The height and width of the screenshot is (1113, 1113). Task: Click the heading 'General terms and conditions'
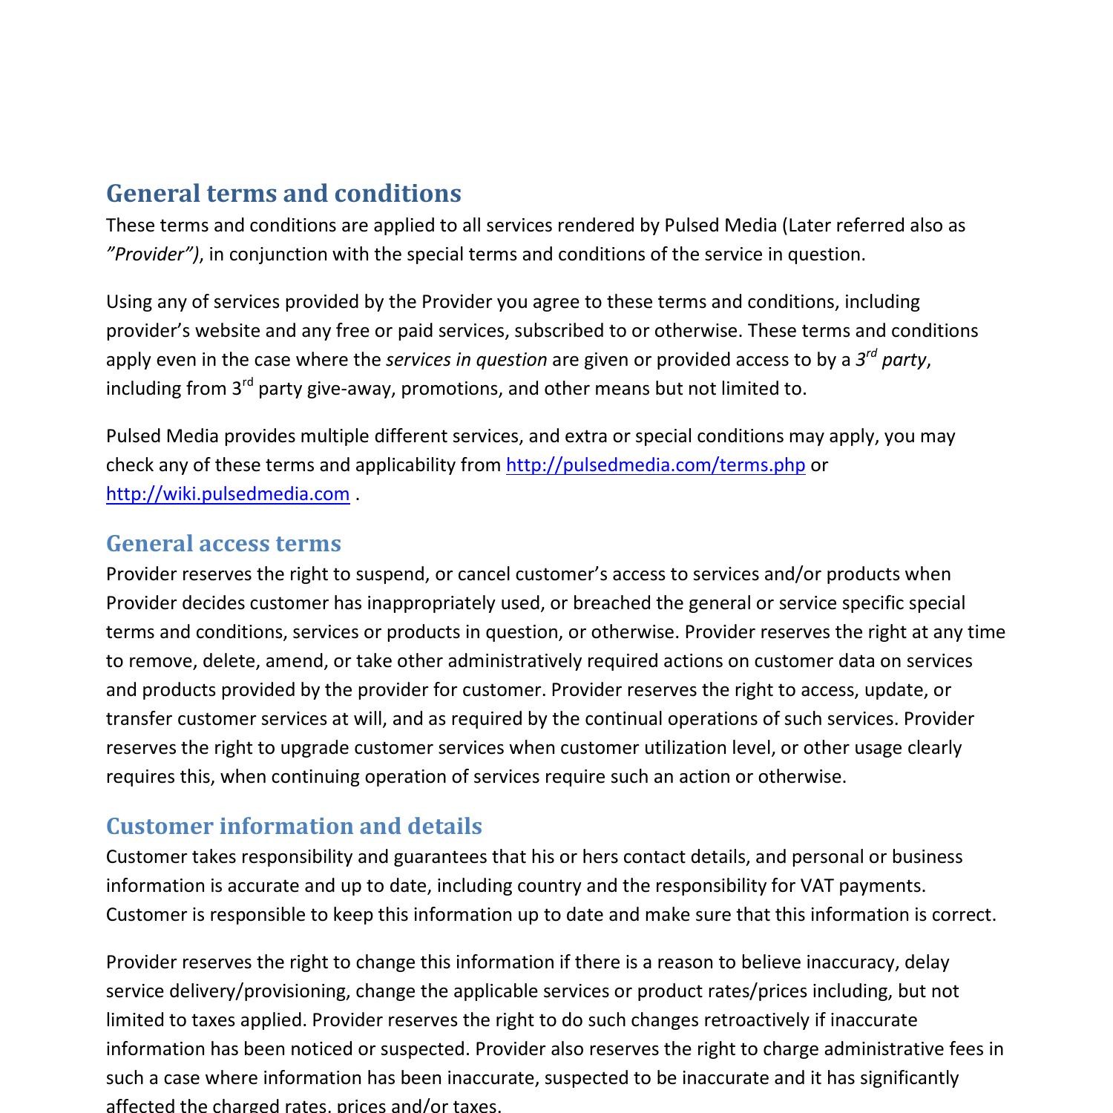(283, 194)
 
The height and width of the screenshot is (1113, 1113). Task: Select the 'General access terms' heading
(223, 543)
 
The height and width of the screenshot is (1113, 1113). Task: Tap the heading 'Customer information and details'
(294, 826)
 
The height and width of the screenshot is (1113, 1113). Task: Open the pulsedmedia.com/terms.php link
(655, 465)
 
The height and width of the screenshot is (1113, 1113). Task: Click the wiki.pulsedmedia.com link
(228, 494)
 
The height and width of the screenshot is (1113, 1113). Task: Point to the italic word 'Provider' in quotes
(153, 255)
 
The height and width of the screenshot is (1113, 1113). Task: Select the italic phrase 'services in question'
(466, 360)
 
